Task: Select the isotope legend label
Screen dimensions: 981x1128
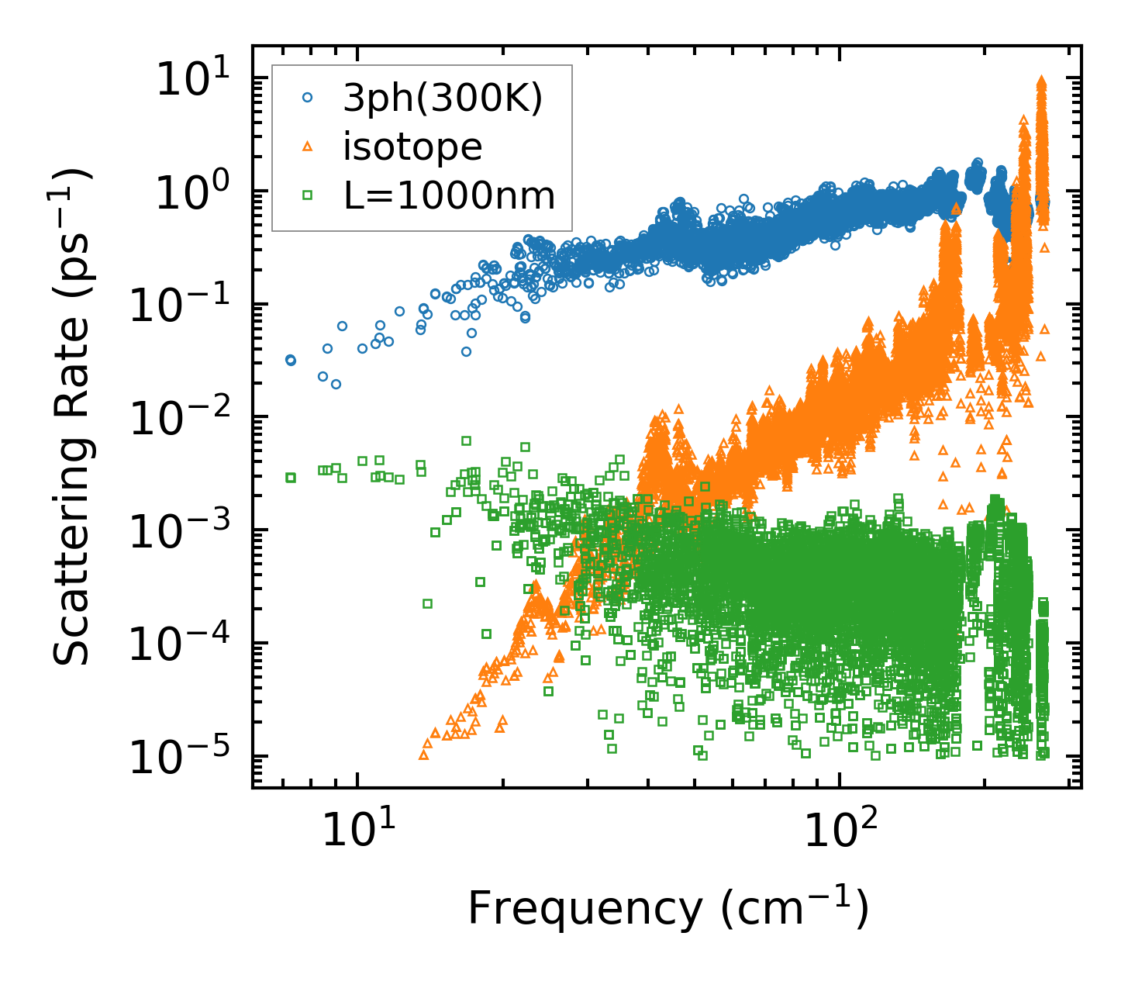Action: (412, 147)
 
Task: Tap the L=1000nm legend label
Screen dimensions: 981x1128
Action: (450, 196)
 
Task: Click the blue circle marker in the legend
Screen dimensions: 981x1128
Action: (308, 98)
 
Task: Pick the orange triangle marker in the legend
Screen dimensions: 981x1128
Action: (308, 147)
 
